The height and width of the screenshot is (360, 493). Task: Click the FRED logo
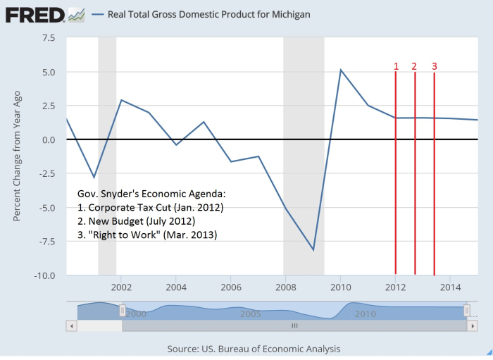[37, 14]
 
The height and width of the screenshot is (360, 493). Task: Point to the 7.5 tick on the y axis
[48, 38]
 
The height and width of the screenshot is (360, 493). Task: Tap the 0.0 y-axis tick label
[48, 139]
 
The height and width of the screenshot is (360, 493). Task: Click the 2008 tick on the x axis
[285, 287]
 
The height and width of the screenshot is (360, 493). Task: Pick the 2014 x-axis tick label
[449, 287]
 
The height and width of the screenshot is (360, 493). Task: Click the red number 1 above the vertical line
[396, 66]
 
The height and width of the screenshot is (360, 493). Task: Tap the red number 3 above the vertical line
[434, 66]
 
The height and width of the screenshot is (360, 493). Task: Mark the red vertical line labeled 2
[415, 176]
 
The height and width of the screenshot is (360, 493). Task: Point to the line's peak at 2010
[341, 70]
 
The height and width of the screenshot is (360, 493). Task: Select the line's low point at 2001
[94, 178]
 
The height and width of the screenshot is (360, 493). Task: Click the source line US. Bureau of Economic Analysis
[254, 349]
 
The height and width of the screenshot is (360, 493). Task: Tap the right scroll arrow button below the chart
[473, 326]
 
